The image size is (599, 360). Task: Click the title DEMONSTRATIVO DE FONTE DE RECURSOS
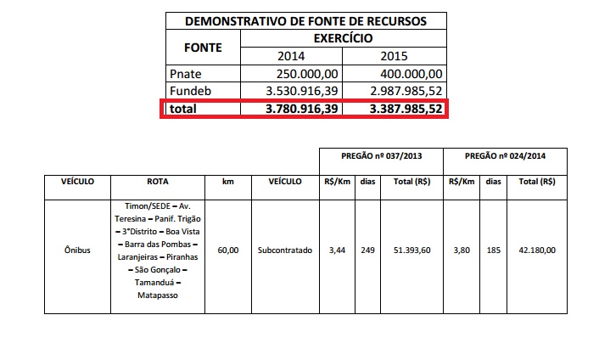coord(304,20)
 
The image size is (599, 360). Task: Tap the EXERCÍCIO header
coord(344,38)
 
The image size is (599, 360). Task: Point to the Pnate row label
coord(185,74)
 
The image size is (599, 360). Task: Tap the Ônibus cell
coord(77,250)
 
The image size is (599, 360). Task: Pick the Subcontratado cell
coord(285,250)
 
